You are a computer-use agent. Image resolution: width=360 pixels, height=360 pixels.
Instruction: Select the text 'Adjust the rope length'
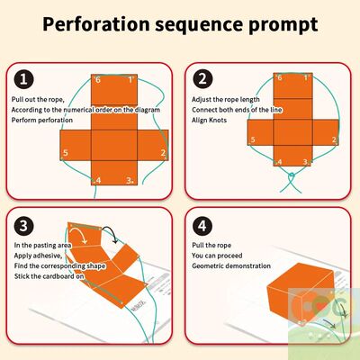pos(225,98)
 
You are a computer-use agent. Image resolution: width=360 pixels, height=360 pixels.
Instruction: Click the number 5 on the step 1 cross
pos(66,154)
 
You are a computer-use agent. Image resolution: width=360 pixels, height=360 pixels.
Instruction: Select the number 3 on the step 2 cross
pos(306,162)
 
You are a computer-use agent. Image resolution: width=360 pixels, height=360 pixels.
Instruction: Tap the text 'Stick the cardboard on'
pos(49,277)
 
